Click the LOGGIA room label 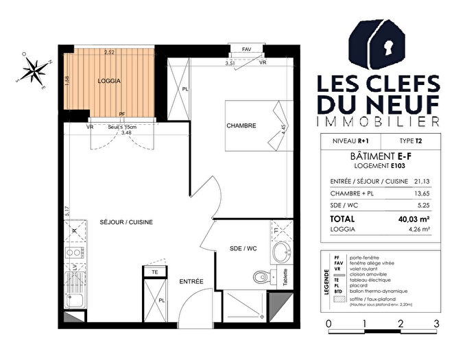pos(109,81)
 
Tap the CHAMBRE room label pos(241,125)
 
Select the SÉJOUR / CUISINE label pos(126,222)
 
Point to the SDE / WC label pos(243,248)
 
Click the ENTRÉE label pos(191,282)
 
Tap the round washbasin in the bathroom pos(280,253)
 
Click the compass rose pos(35,70)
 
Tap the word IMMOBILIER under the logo pos(377,121)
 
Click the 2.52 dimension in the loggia pos(109,52)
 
